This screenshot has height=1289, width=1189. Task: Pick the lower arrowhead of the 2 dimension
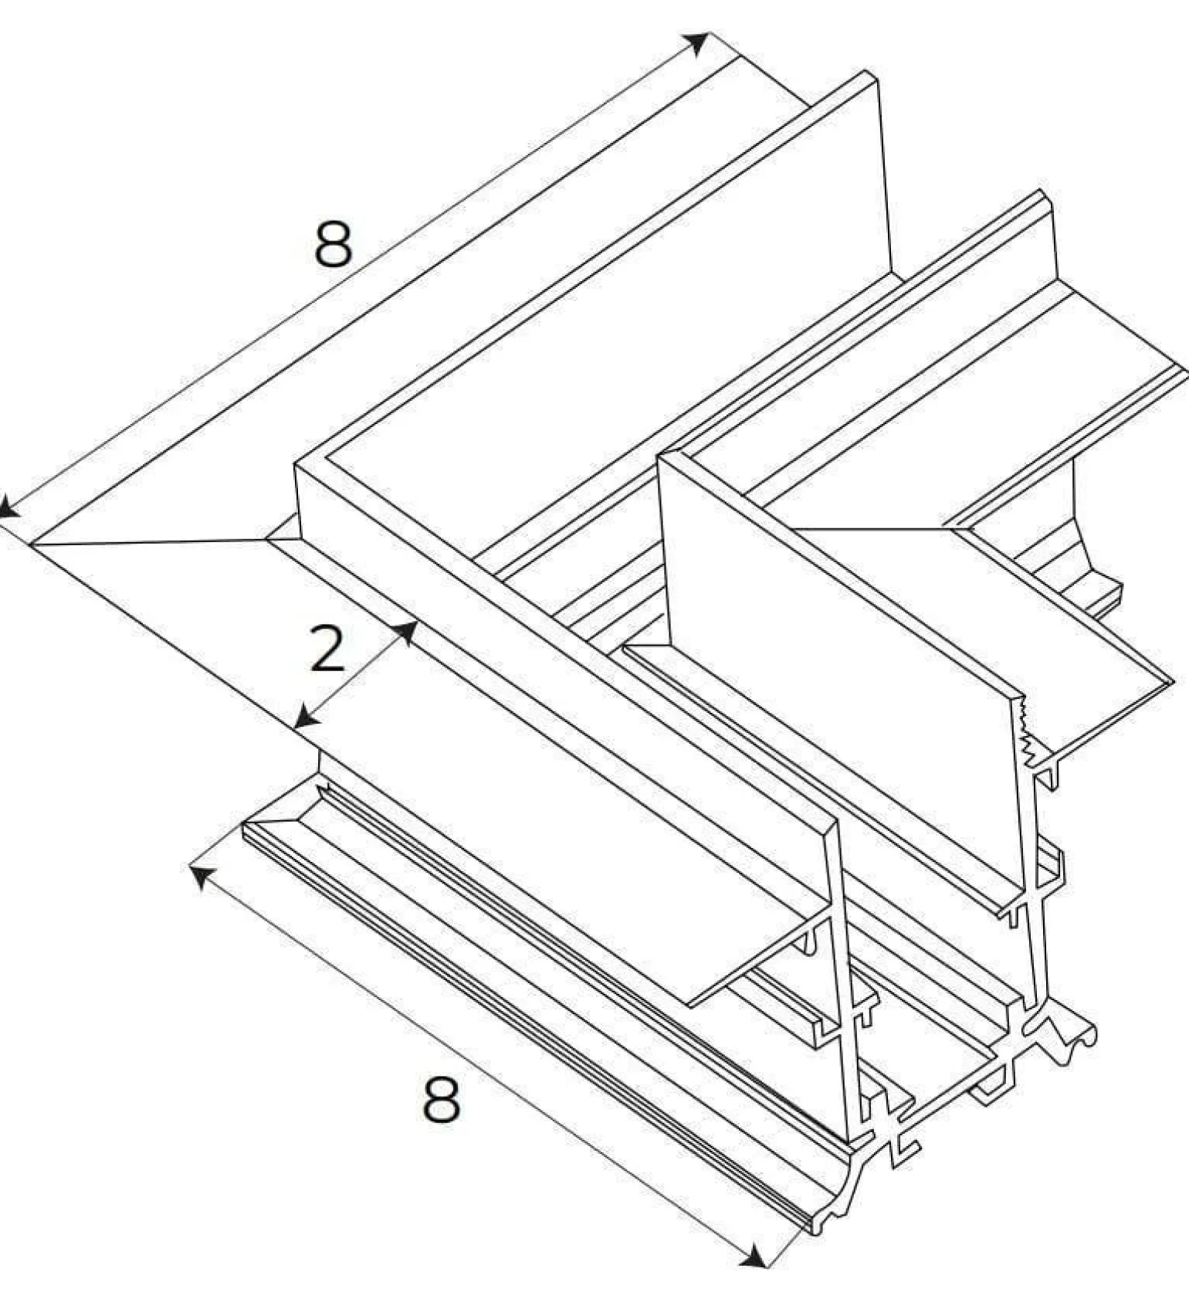click(x=307, y=716)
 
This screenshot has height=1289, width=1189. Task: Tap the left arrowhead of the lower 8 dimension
click(x=202, y=877)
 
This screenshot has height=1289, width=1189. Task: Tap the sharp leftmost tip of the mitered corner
click(x=31, y=544)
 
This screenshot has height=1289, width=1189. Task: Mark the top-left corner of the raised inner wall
click(x=296, y=464)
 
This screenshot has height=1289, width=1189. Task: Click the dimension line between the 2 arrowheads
click(x=357, y=673)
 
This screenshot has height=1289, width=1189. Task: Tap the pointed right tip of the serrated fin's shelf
click(x=1172, y=680)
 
